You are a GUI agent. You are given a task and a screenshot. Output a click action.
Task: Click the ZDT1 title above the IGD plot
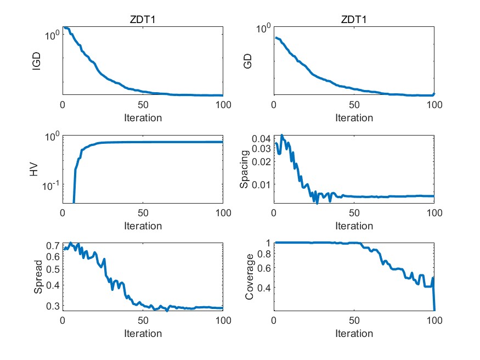[143, 20]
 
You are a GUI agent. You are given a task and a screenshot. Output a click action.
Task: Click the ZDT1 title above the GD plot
[354, 20]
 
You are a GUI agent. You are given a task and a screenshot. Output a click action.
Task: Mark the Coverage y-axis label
[249, 277]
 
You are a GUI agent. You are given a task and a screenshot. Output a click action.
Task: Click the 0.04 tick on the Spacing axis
[261, 138]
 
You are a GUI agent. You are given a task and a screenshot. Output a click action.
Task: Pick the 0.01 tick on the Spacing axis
[261, 184]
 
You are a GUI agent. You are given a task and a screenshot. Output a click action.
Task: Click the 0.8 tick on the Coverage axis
[264, 254]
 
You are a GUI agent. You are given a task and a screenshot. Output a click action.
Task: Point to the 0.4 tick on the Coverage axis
[264, 287]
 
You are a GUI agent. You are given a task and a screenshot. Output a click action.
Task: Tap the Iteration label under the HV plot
[143, 226]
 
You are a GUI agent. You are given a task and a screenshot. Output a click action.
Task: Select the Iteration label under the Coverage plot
[354, 334]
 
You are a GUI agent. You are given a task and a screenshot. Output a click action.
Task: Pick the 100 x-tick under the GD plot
[434, 104]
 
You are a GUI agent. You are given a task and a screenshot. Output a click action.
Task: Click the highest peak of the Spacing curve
[282, 135]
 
